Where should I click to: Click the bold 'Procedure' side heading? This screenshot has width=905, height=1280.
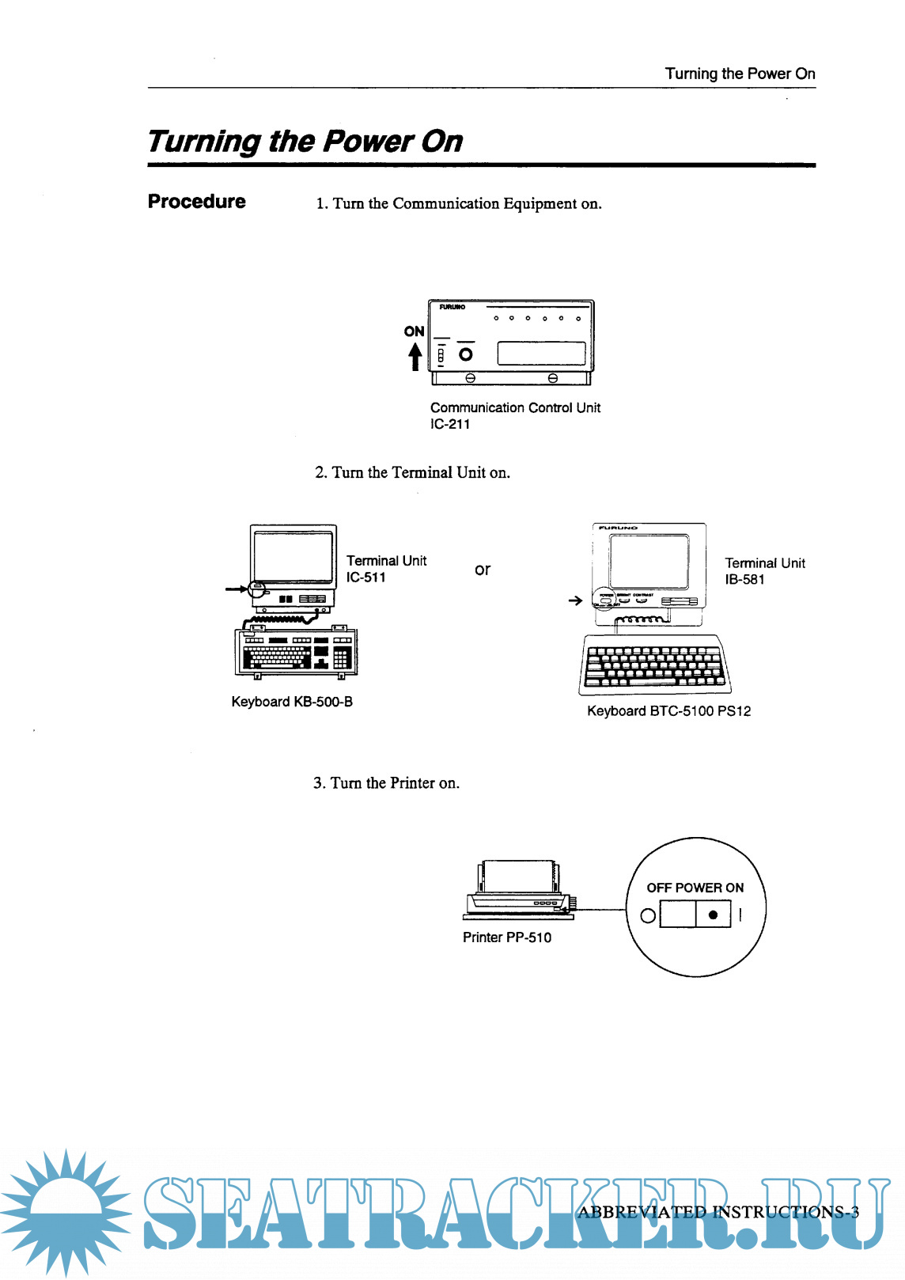[196, 202]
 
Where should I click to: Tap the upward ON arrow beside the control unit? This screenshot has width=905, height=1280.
[415, 356]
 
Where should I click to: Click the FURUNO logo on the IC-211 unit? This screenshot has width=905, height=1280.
[452, 307]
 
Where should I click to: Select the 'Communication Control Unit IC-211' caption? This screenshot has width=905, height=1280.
[515, 415]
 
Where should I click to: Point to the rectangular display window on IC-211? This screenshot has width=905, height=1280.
[541, 353]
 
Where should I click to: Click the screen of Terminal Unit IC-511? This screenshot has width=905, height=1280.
[293, 556]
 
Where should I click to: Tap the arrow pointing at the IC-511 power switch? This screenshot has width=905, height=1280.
[236, 589]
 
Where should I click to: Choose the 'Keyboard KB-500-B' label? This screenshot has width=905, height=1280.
[292, 702]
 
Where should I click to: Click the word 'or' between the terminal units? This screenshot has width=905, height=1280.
[483, 570]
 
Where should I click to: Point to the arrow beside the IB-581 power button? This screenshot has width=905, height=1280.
[575, 600]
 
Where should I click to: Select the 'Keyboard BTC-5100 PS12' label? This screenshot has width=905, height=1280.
[668, 711]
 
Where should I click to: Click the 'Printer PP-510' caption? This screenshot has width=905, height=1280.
[507, 937]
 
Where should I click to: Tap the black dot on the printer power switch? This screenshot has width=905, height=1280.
[714, 915]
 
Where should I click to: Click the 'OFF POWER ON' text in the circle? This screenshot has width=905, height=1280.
[695, 888]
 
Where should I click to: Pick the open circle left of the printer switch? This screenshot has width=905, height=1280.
[648, 915]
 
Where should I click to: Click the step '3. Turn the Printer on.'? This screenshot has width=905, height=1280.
[386, 783]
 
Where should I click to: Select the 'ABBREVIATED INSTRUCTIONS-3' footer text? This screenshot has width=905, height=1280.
[718, 1212]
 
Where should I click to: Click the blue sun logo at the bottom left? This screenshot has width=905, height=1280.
[65, 1210]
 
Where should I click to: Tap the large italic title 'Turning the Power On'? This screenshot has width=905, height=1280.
[305, 142]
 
